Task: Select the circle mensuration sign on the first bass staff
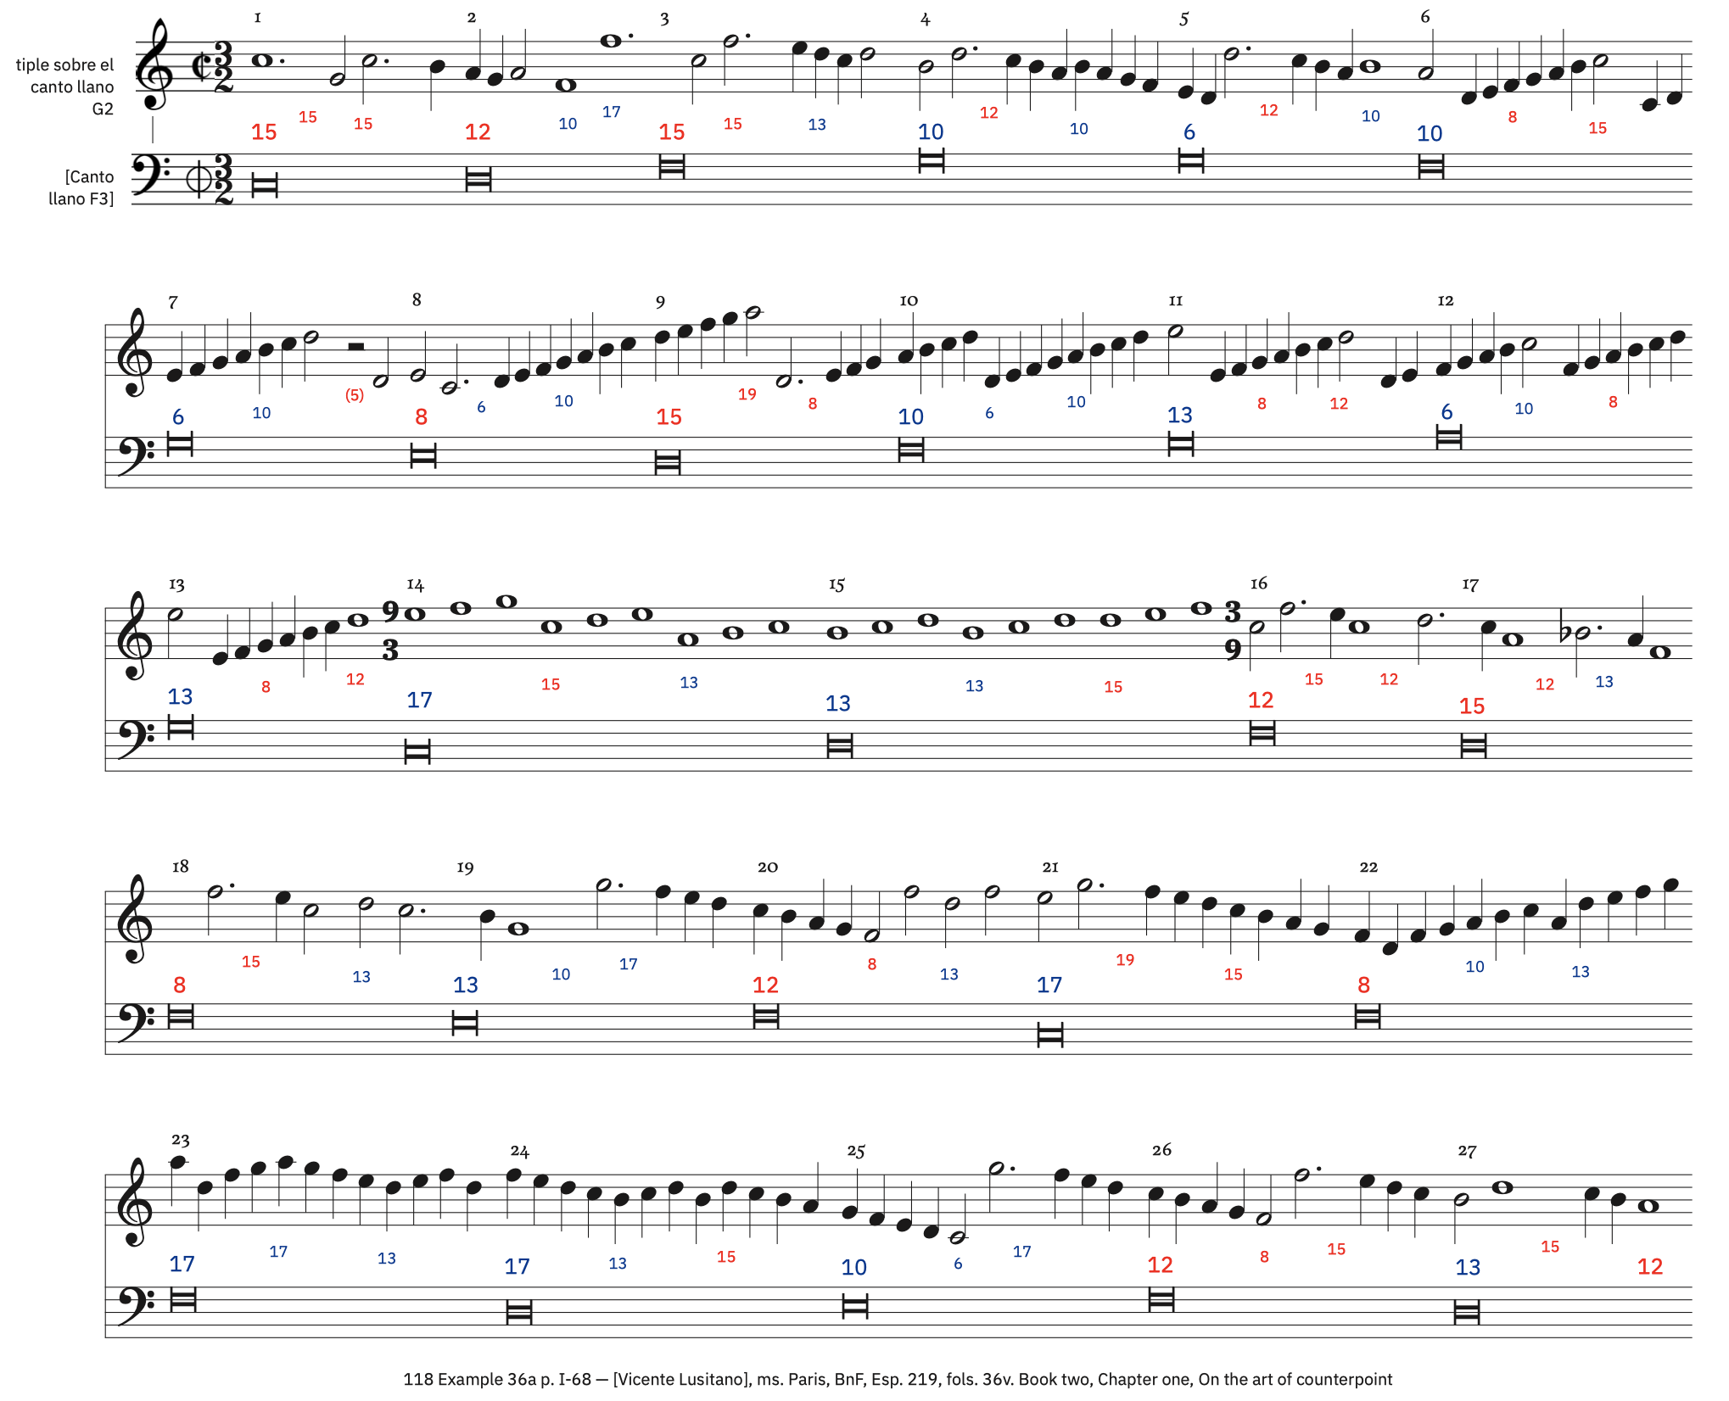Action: [199, 180]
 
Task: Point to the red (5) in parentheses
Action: [355, 395]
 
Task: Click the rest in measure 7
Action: [356, 346]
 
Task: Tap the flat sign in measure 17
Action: [1566, 634]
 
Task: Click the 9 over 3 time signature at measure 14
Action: [390, 629]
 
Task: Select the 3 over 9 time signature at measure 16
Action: [1233, 629]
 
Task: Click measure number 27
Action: [1467, 1151]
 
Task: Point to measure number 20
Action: [767, 867]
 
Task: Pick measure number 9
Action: [660, 302]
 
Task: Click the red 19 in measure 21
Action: [1125, 960]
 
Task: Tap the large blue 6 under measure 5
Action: [1189, 132]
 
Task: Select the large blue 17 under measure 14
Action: [419, 700]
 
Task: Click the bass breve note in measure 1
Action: [265, 186]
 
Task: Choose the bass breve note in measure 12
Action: [1449, 437]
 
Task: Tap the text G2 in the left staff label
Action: [103, 109]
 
